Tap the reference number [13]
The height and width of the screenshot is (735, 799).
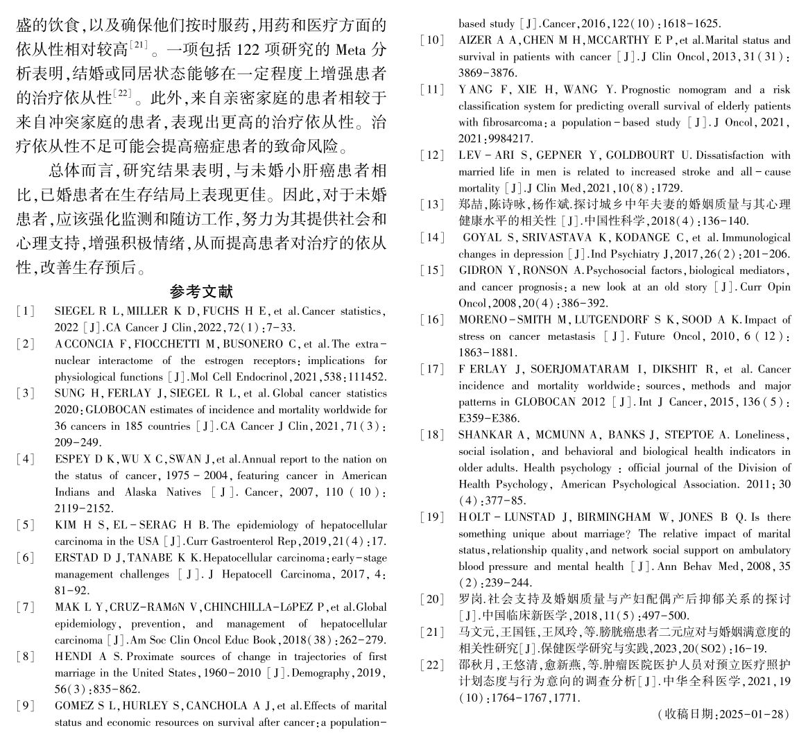coord(433,204)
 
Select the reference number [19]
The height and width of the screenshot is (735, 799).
coord(433,517)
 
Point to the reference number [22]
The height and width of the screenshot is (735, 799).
coord(433,666)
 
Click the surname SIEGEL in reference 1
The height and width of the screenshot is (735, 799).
coord(71,311)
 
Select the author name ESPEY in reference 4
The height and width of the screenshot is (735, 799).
coord(71,459)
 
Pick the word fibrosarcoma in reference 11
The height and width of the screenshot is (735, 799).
coord(510,123)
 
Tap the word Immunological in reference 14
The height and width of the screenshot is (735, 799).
coord(754,237)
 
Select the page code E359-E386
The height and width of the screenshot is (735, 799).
coord(486,418)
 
